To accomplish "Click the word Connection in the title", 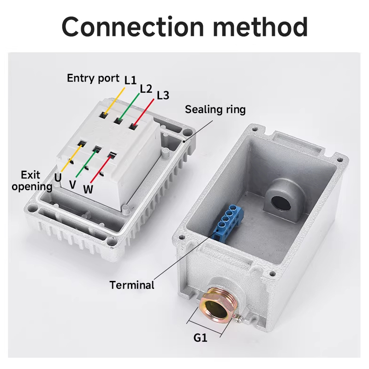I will tap(134, 27).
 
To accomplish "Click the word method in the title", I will tap(262, 27).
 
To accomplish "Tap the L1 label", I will tap(131, 80).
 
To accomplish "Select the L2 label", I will tap(146, 88).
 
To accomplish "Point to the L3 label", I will tap(163, 95).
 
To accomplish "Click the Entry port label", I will tap(93, 77).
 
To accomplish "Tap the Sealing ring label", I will tap(215, 109).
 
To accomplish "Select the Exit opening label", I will tap(32, 181).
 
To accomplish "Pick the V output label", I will tap(72, 184).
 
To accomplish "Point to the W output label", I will tap(88, 189).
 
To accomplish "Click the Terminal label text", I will tap(132, 285).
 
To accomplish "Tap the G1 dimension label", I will tap(200, 338).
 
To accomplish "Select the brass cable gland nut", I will tap(215, 305).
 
